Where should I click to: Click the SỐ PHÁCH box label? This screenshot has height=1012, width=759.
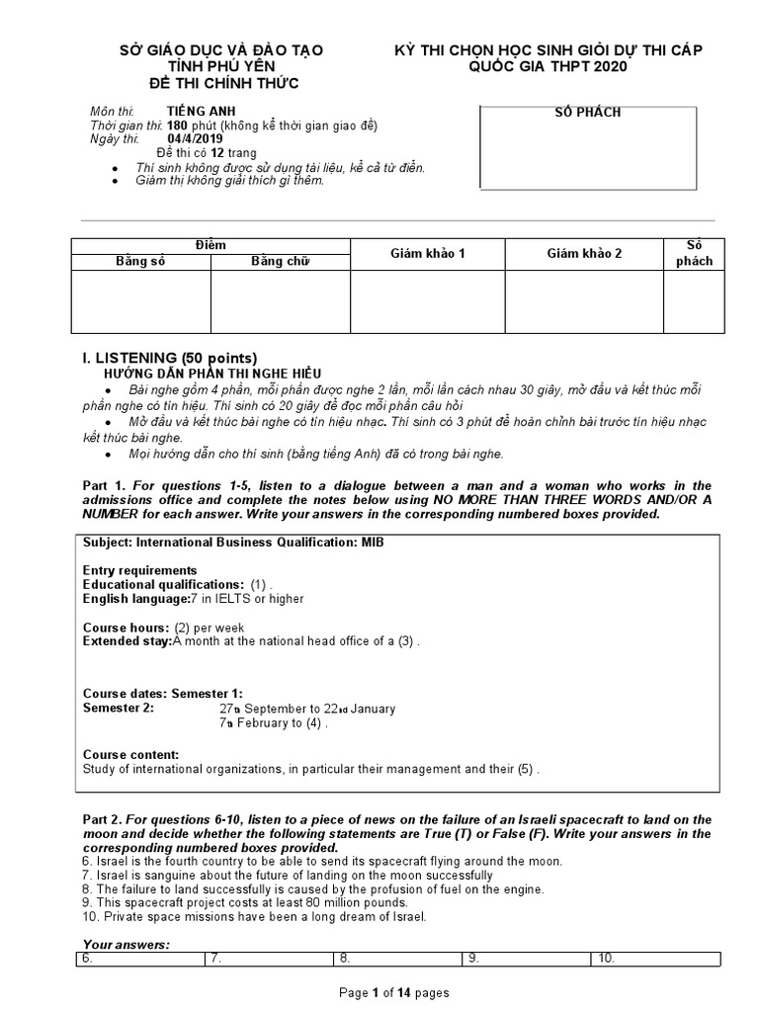pos(588,113)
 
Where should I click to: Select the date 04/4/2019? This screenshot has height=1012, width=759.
pos(196,139)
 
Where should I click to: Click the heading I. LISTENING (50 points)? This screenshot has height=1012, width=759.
pos(169,358)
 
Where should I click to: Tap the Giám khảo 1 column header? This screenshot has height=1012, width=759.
pos(427,254)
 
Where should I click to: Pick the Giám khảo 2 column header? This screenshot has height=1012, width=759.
pos(584,254)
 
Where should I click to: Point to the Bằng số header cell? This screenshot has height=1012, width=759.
pos(140,262)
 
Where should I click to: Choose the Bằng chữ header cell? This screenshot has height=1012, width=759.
pos(280,262)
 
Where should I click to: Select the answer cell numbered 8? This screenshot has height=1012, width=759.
pos(398,959)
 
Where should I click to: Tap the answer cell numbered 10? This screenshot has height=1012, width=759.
pos(655,959)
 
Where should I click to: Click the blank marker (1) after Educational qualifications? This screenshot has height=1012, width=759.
pos(259,584)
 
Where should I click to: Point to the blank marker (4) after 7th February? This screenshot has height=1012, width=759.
pos(315,723)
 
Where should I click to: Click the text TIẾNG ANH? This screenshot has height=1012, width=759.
pos(202,112)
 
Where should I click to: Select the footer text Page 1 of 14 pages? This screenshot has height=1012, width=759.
pos(394,993)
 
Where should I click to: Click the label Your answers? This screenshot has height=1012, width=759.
pos(126,945)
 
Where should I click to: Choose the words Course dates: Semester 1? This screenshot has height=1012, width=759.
pos(162,694)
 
